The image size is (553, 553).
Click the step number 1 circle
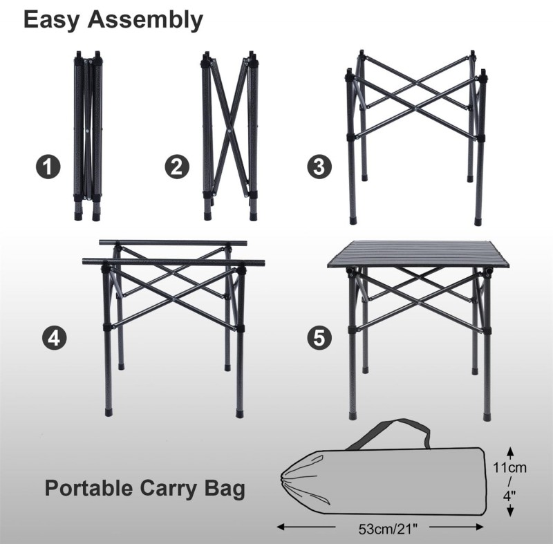pos(48,167)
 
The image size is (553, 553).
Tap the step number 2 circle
pos(177,167)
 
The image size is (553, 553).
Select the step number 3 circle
pos(319,167)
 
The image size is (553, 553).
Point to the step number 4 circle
pos(55,338)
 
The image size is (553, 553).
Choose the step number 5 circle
pos(319,338)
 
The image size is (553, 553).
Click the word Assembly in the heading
pos(145,20)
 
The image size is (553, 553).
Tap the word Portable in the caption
pos(89,488)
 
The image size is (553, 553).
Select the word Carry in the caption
pos(169,489)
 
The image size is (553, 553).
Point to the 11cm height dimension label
pos(509,468)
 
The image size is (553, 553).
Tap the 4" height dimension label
pos(509,496)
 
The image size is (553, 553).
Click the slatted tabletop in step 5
pos(419,254)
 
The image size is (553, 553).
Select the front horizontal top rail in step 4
pos(174,262)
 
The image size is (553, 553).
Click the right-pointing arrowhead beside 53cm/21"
pos(479,527)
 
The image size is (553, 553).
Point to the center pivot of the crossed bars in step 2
pos(229,131)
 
